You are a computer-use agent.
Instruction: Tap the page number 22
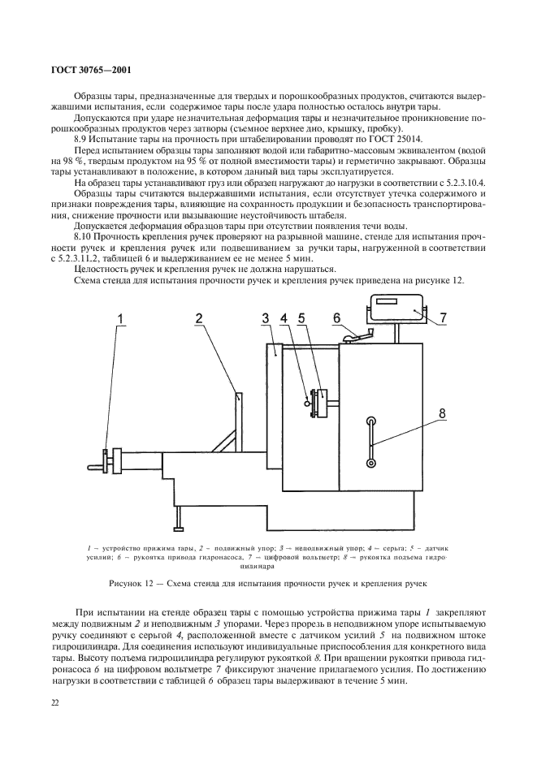click(55, 702)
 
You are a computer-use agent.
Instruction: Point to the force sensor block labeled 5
click(323, 404)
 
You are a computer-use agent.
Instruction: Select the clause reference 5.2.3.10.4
click(459, 184)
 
